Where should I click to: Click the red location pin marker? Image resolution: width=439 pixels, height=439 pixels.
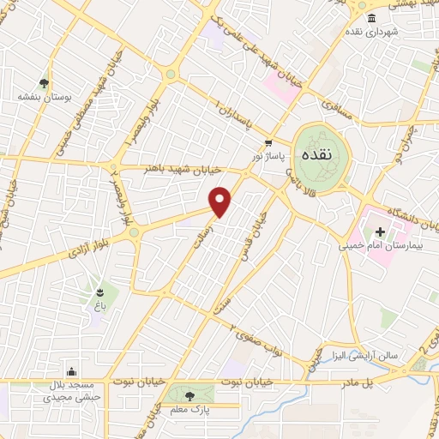coord(221,202)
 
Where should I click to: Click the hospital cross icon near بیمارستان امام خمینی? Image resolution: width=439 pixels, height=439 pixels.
coord(381,232)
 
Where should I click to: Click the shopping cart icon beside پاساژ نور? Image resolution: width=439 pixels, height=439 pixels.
coord(269,143)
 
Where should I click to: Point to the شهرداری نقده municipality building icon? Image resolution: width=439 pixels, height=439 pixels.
coord(371,19)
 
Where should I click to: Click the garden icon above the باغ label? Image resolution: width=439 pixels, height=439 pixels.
coord(102,292)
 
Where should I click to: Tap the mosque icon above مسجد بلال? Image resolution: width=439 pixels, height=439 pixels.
coord(72,372)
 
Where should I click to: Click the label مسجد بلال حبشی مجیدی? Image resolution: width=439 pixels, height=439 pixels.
coord(72,391)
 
